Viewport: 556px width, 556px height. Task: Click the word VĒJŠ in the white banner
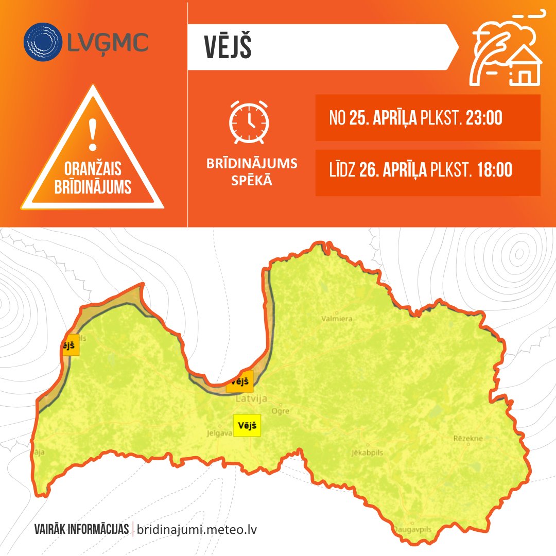tap(228, 47)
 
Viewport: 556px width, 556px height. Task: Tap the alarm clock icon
tap(249, 122)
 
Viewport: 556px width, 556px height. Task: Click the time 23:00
tap(483, 118)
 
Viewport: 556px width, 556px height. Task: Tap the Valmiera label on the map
tap(337, 319)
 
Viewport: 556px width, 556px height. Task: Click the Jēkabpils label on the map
tap(367, 453)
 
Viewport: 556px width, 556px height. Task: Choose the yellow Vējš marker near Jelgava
tap(247, 426)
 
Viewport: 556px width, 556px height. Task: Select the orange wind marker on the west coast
tap(70, 344)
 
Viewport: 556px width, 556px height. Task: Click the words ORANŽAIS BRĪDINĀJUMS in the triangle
tap(93, 178)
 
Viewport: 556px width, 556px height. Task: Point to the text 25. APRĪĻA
tap(383, 118)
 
